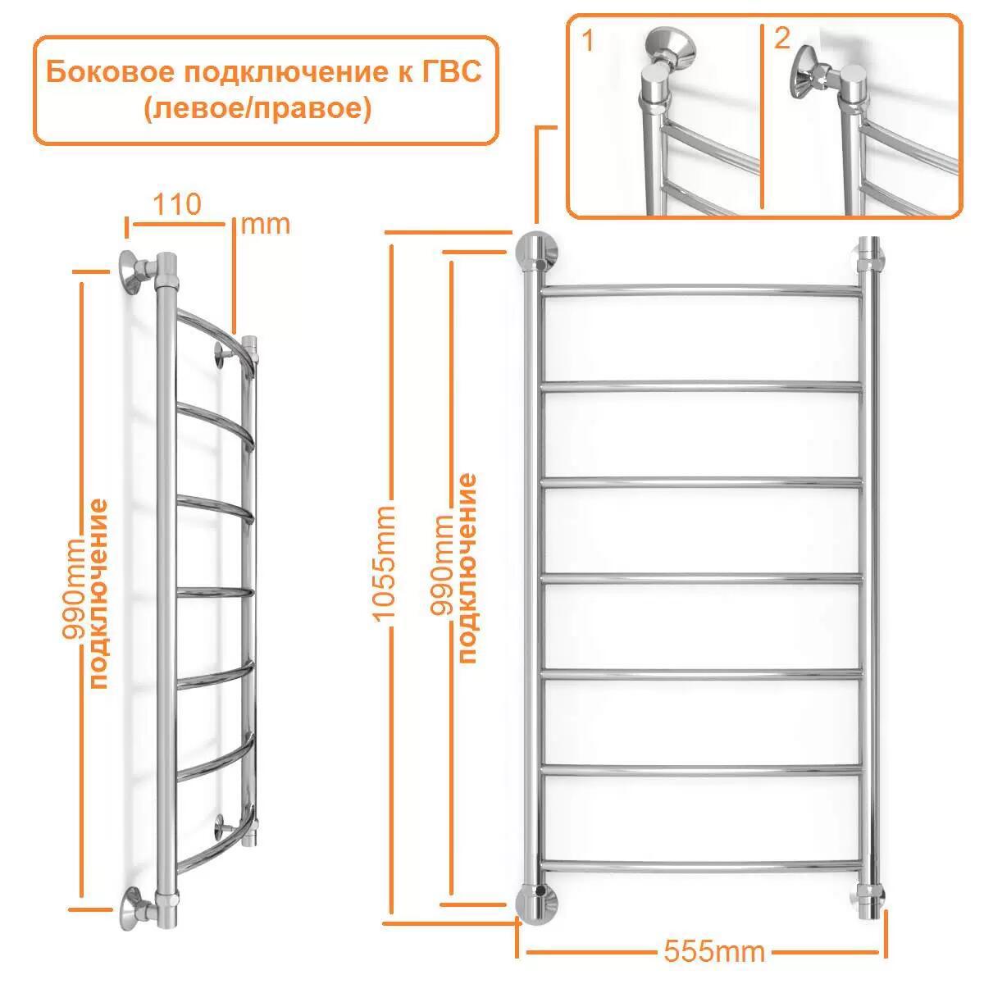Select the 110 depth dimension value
[176, 204]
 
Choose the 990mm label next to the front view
[442, 566]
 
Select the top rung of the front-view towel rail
[701, 290]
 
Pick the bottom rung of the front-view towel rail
[701, 863]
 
